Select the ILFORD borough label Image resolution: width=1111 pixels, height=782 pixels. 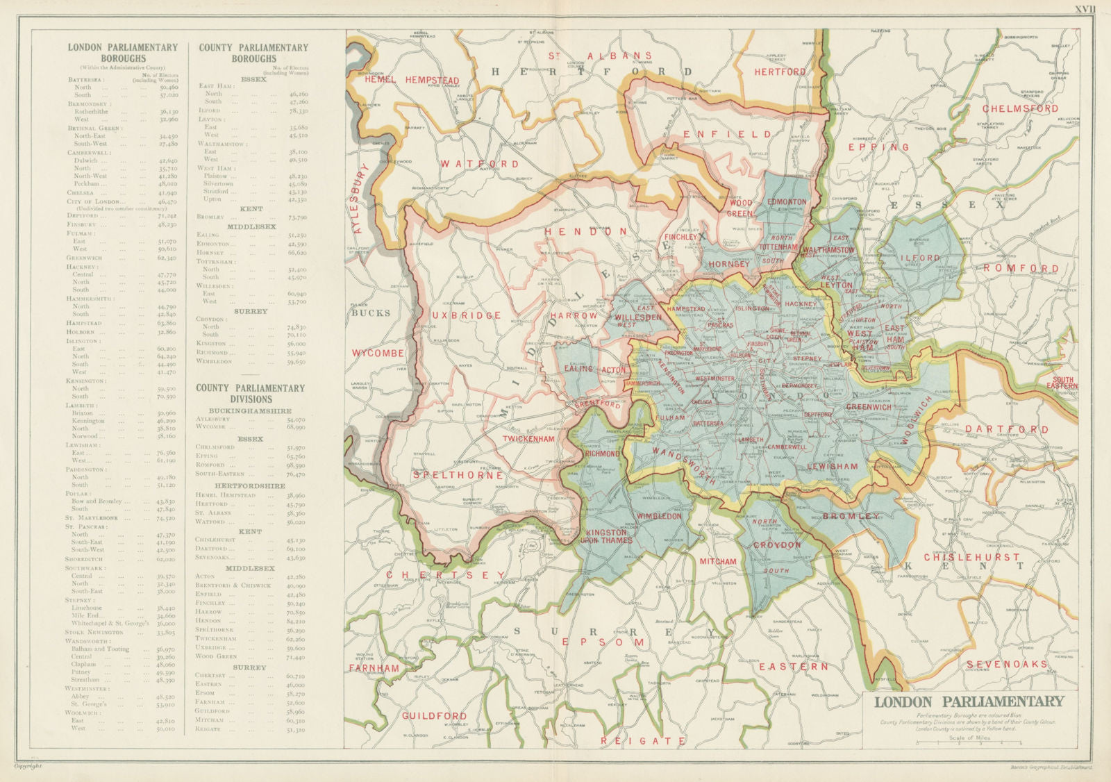921,258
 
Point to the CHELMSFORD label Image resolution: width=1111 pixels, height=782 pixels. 1020,109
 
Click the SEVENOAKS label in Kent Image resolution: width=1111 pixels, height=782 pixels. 1006,665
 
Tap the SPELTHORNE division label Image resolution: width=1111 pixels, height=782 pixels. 458,476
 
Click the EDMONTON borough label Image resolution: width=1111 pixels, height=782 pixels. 787,202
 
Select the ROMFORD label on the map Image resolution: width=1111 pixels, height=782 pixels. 1021,268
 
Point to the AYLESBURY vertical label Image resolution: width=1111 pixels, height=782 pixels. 362,199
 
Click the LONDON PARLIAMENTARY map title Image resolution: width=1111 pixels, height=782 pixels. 968,701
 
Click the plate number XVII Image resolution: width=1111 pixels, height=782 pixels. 1085,9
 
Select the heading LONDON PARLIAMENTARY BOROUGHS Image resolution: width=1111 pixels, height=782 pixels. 122,53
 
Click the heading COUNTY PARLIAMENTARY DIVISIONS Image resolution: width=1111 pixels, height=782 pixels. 251,393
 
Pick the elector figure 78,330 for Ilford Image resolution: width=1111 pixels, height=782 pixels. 298,110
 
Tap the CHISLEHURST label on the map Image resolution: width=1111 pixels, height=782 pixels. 971,557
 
